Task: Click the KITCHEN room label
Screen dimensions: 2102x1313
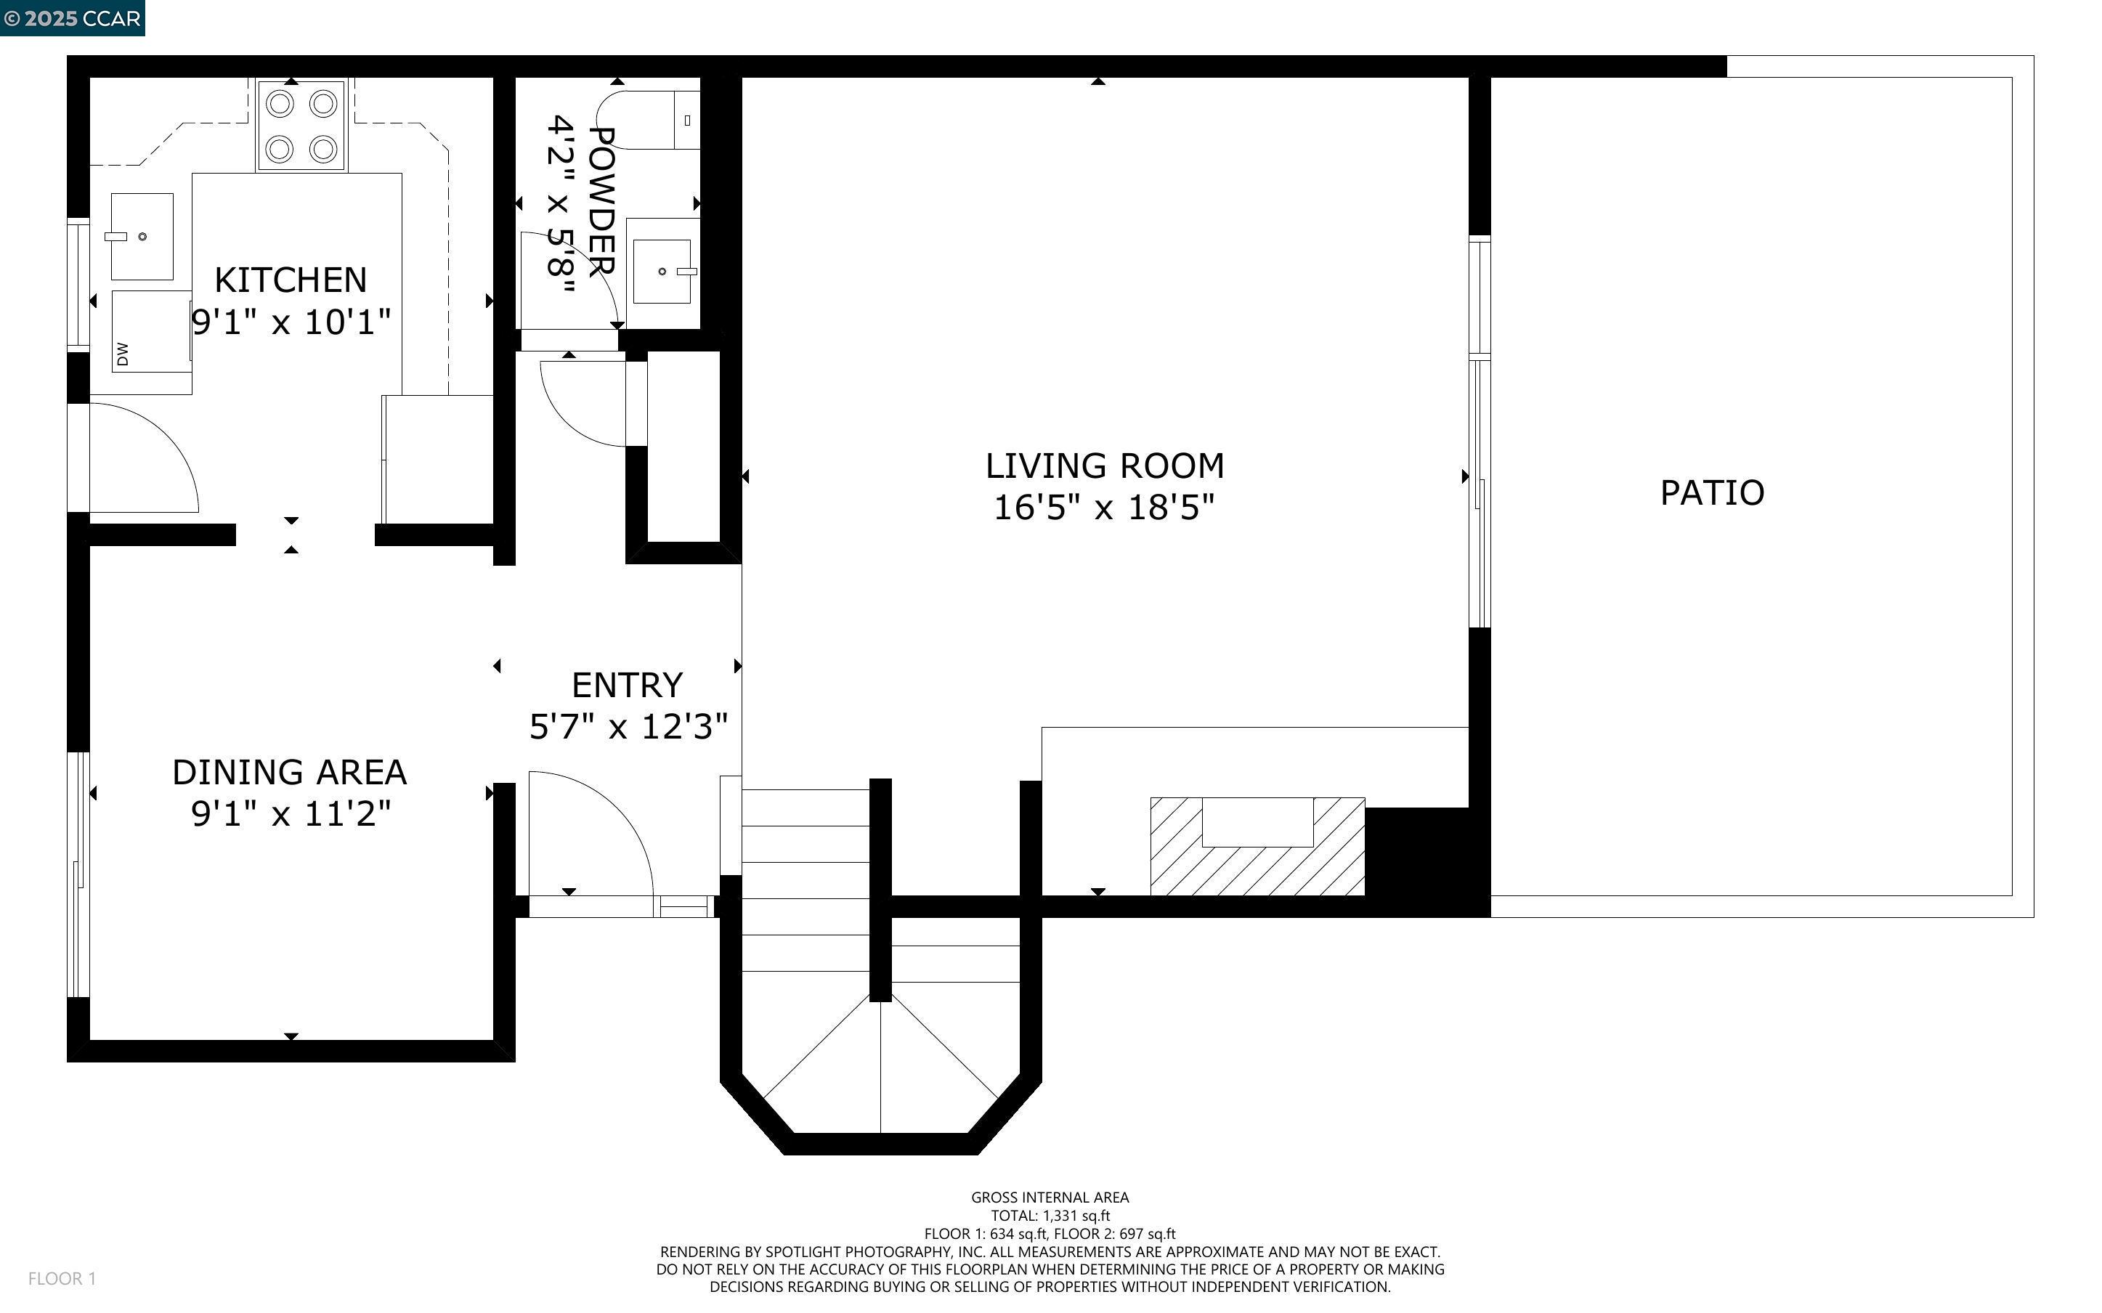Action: coord(291,280)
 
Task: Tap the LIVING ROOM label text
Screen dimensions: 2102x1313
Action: coord(1105,466)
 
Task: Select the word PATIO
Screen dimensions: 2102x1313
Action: coord(1712,493)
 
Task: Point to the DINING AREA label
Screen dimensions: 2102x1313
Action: coord(289,773)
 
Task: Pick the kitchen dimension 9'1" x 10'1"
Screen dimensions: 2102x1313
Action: coord(291,322)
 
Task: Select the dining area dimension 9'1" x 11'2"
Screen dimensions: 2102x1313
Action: coord(291,813)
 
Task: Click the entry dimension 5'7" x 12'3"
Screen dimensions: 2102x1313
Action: coord(628,726)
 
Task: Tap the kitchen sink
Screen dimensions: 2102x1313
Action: coord(142,236)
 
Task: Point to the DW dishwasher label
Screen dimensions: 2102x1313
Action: coord(123,354)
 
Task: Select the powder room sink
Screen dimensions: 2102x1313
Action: coord(662,272)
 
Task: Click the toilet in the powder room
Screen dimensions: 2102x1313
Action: coord(647,120)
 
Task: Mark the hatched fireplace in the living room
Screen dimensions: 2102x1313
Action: coord(1257,847)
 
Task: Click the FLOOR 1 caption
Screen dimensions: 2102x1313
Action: coord(62,1278)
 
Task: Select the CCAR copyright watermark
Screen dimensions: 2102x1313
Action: coord(72,18)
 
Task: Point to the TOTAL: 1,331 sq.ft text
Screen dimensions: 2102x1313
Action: coord(1050,1216)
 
